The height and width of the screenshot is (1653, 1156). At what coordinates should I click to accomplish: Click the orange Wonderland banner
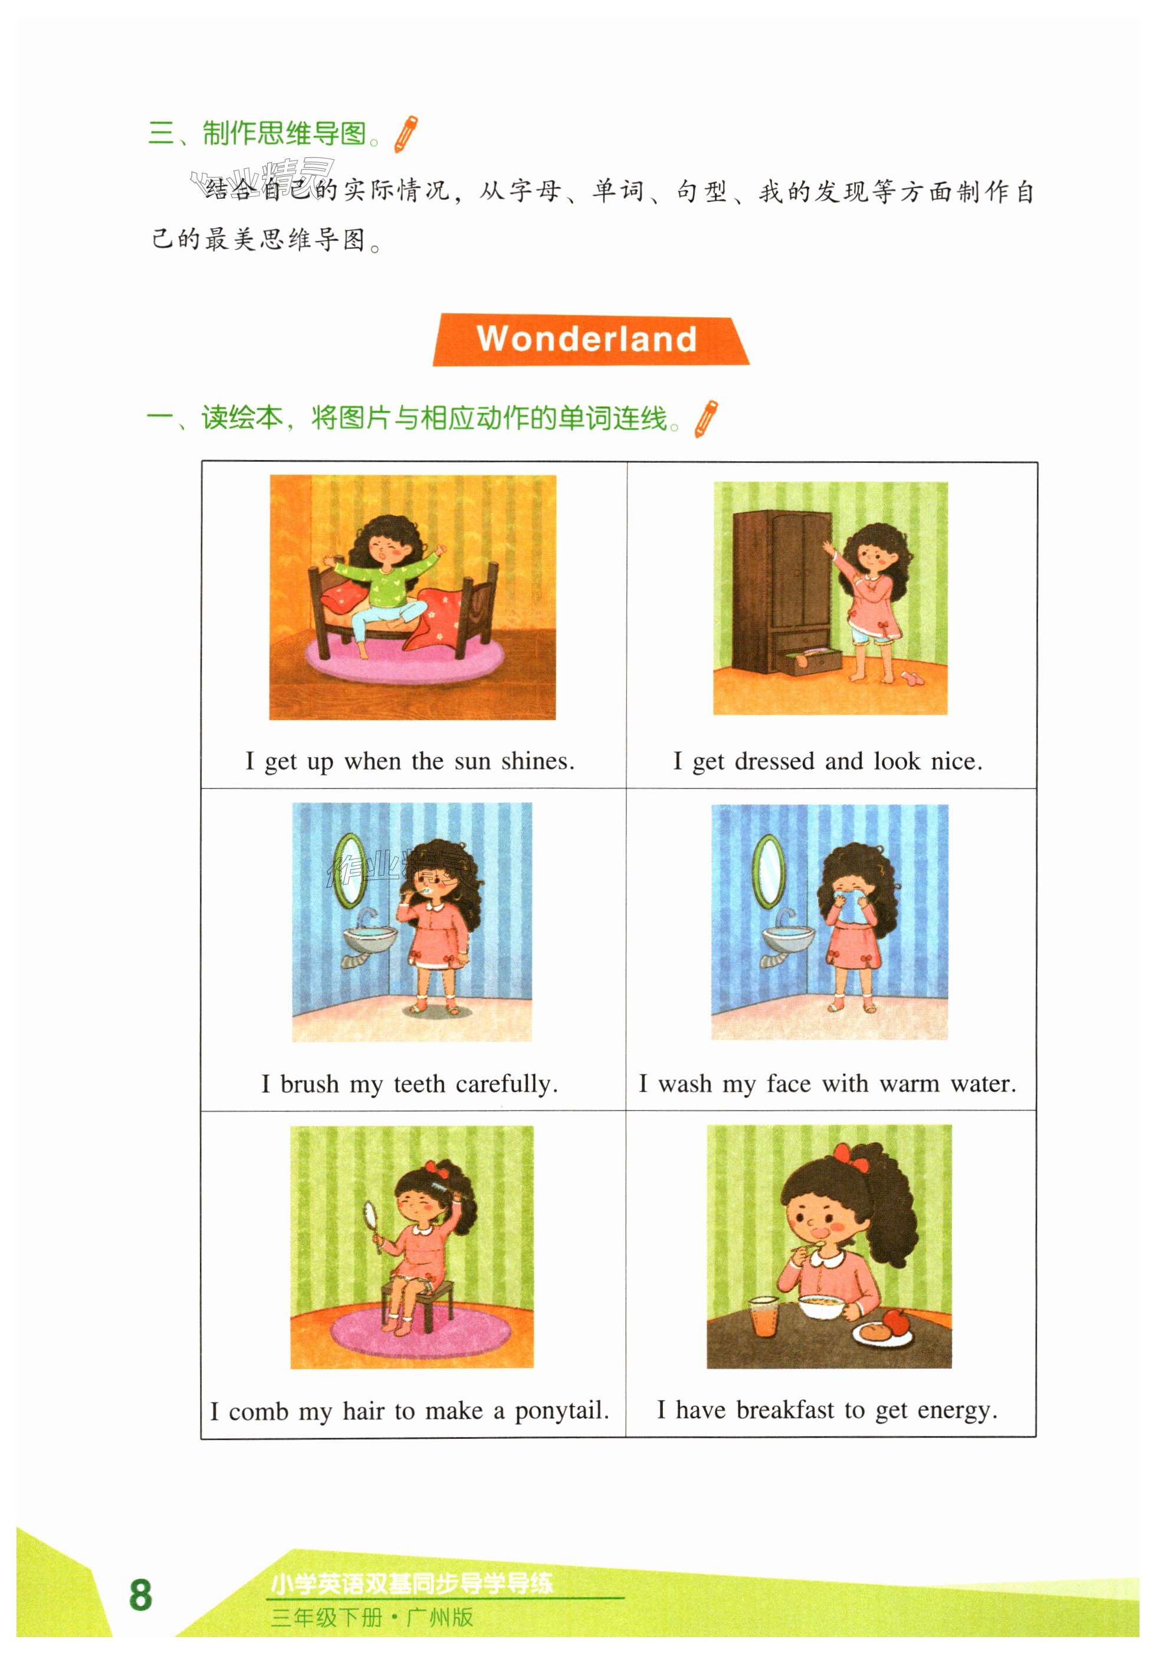pyautogui.click(x=590, y=339)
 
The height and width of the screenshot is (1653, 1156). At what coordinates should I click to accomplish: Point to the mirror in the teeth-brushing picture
pyautogui.click(x=350, y=870)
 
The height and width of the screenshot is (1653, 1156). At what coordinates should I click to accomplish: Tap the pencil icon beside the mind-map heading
pyautogui.click(x=406, y=134)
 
